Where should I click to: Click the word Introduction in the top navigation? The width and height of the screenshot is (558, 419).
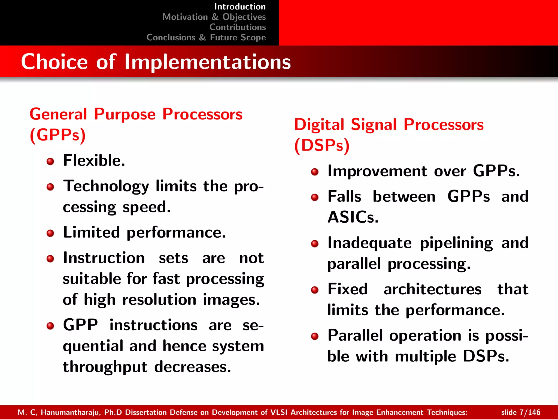click(240, 7)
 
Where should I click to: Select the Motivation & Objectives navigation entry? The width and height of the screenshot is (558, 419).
click(214, 17)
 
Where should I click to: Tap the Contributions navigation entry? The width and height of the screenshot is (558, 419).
click(237, 27)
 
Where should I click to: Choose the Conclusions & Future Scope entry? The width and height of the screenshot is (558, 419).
click(206, 37)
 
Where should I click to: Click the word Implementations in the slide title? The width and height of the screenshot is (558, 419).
click(208, 62)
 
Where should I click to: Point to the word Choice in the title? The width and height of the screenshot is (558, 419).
click(54, 62)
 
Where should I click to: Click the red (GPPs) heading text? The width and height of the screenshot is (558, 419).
click(57, 135)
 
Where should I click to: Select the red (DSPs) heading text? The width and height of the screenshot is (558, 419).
click(322, 145)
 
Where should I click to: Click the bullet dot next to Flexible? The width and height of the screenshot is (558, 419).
click(50, 161)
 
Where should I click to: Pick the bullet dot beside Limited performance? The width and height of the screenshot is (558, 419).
click(50, 233)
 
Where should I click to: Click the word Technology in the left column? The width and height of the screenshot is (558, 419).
click(106, 187)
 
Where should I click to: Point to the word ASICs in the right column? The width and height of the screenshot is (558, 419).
click(353, 217)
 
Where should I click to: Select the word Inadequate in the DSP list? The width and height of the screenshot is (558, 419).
click(369, 243)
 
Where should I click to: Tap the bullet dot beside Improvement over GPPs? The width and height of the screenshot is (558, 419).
click(315, 172)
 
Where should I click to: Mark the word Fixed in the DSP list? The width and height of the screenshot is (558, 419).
click(347, 289)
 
